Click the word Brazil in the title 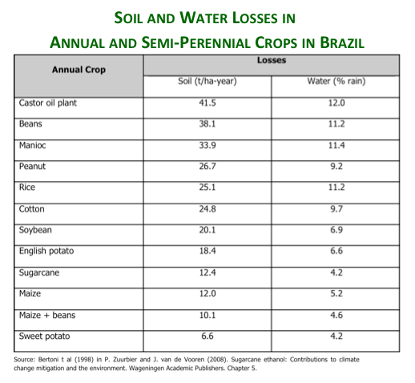(x=342, y=42)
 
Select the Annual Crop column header (x=79, y=70)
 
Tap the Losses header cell (x=272, y=60)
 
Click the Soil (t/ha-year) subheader (x=207, y=81)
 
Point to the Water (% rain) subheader (x=336, y=81)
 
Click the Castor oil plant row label (x=48, y=103)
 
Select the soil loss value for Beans (x=207, y=124)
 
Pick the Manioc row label (x=32, y=145)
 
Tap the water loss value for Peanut (x=336, y=167)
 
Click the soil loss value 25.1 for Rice (x=207, y=187)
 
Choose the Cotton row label (x=31, y=209)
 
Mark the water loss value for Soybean (x=336, y=230)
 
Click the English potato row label (x=46, y=252)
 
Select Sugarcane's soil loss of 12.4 (x=207, y=272)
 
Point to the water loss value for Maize (x=336, y=294)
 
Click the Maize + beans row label (x=47, y=315)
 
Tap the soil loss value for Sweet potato (x=207, y=336)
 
